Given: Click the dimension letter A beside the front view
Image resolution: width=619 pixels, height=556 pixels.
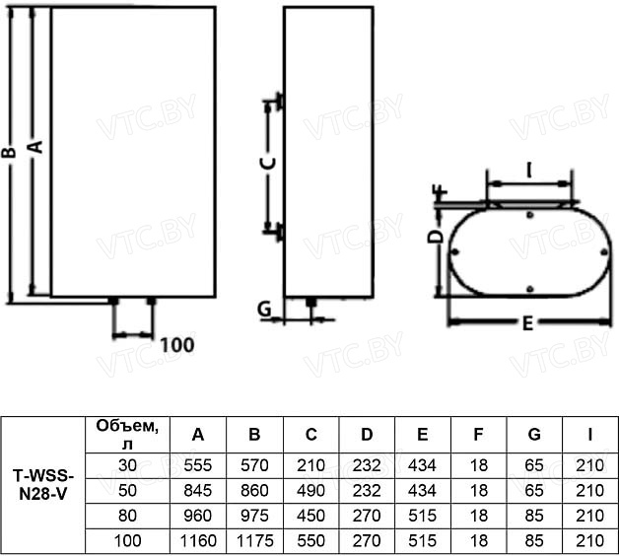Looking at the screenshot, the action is (x=35, y=147).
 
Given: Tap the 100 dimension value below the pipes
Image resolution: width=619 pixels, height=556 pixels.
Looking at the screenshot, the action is (x=177, y=345).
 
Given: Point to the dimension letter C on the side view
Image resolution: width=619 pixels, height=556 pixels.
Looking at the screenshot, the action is (x=269, y=163).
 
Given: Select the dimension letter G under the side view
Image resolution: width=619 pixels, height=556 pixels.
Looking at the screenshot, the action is (x=264, y=309).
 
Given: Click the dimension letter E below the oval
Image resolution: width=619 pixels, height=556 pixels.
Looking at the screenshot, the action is (x=527, y=323).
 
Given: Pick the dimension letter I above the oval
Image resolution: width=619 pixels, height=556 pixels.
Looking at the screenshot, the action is (x=529, y=171).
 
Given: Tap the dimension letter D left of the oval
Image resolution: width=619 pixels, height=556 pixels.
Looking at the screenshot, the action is (x=436, y=237).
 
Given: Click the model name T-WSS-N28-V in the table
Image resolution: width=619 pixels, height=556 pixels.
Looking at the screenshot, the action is (x=43, y=485).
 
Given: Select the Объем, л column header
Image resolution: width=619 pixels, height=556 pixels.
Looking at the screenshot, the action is (x=127, y=435).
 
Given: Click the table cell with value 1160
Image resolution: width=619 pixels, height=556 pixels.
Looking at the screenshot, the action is (x=198, y=540).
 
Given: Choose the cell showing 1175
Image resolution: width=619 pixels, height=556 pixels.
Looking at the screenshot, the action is (x=254, y=540).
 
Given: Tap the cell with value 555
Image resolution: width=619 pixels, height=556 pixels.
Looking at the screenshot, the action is (x=198, y=465).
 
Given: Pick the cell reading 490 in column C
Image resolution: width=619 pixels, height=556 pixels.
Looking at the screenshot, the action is (x=311, y=491).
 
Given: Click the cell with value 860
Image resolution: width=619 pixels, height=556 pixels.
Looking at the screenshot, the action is (x=254, y=491).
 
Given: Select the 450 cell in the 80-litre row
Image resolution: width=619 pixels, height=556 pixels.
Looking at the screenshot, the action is (x=311, y=516).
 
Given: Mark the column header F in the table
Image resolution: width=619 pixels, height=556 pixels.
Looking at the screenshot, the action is (x=478, y=435).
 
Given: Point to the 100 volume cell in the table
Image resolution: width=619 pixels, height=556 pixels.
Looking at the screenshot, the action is (x=127, y=540).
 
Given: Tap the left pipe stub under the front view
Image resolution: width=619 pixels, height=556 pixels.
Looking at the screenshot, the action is (x=113, y=302).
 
